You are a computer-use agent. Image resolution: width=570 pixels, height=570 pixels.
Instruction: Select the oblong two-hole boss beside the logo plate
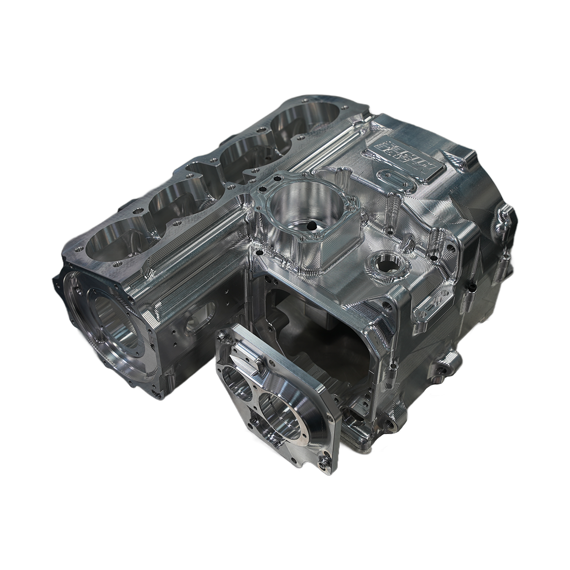(x=394, y=182)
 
